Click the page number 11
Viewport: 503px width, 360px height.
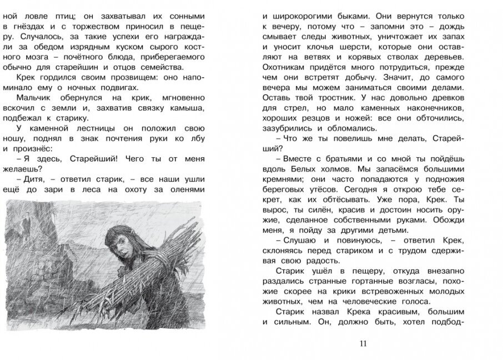[364, 343]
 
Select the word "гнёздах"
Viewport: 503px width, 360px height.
[34, 27]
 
